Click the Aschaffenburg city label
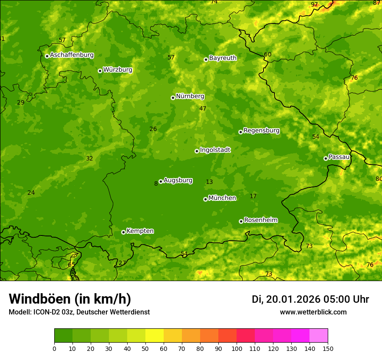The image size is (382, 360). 72,55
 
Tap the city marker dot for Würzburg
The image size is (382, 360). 100,71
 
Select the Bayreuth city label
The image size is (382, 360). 223,58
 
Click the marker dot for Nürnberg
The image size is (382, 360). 173,98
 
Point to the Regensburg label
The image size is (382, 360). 261,131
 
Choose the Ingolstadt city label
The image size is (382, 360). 215,150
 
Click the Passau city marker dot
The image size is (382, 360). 326,158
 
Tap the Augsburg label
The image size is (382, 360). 178,180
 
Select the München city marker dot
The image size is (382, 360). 205,199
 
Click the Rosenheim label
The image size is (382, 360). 260,220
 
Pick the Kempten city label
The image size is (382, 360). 140,231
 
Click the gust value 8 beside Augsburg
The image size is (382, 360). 156,184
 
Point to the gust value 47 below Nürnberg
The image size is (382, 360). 203,109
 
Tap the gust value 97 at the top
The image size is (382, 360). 314,5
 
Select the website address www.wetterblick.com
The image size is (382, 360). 313,312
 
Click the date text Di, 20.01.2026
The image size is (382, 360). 286,299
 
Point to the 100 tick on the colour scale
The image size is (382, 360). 237,348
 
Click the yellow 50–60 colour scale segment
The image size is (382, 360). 155,336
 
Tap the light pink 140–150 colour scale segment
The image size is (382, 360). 319,336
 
